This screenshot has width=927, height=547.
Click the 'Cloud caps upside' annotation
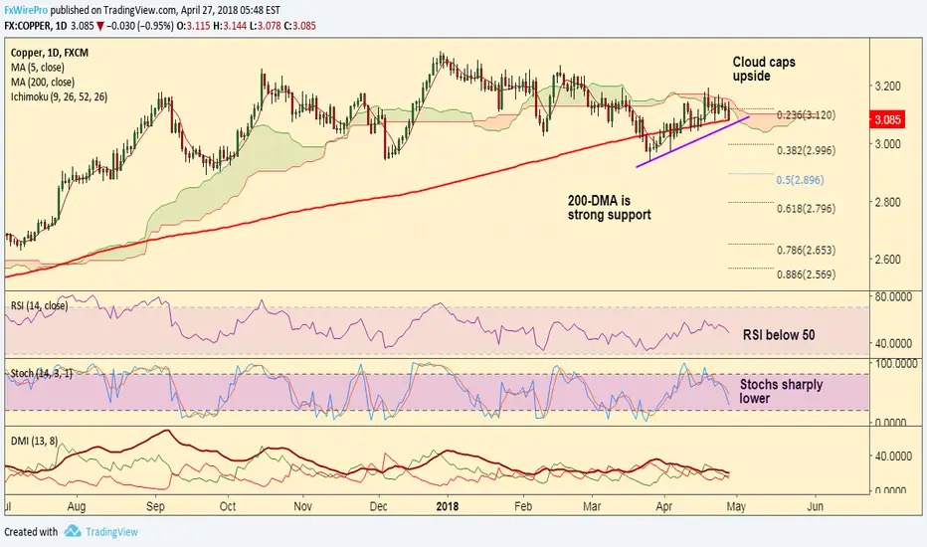[x=764, y=69]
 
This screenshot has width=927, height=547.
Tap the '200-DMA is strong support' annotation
[x=609, y=207]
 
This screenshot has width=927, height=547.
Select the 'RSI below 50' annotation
[x=779, y=335]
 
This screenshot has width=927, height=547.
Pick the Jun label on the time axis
[x=814, y=505]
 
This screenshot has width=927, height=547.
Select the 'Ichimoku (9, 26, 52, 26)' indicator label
[x=59, y=96]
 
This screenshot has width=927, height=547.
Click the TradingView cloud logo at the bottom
[x=73, y=532]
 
